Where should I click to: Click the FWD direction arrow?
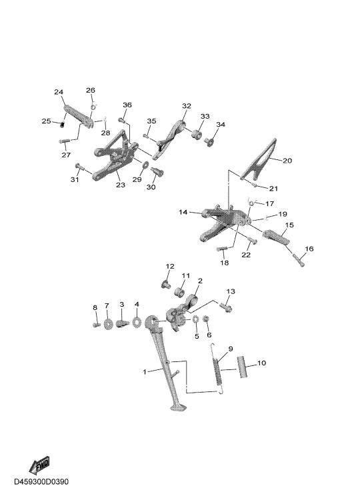(39, 465)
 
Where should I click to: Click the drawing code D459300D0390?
(41, 481)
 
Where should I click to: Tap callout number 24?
(59, 92)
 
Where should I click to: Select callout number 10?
(261, 363)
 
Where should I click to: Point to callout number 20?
(287, 161)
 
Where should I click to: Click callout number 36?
(127, 105)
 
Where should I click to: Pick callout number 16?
(309, 249)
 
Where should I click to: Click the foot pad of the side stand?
(179, 407)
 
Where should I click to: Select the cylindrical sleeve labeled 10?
(242, 367)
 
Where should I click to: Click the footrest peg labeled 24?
(78, 117)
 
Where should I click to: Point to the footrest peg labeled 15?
(276, 237)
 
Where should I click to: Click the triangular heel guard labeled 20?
(259, 159)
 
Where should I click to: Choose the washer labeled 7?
(108, 324)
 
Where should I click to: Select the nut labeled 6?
(206, 318)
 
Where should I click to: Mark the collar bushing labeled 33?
(197, 134)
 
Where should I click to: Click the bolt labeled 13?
(225, 307)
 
